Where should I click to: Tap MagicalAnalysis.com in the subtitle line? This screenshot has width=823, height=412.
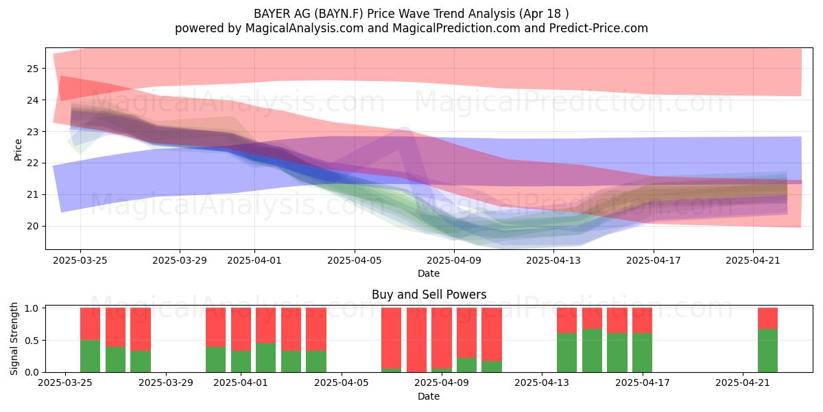pos(305,28)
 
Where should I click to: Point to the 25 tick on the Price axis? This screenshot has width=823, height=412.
pos(33,69)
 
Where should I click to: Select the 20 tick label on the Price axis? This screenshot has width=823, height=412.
pos(33,226)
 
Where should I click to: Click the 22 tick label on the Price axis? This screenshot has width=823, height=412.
pos(33,163)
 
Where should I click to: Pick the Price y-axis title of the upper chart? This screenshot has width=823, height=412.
pos(18,150)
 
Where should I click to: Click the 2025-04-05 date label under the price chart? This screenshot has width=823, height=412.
pos(355,260)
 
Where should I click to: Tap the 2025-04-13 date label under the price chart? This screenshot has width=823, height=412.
pos(553,260)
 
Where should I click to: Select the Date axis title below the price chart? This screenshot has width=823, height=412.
pos(429,273)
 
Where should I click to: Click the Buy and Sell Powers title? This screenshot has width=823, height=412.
pos(429,295)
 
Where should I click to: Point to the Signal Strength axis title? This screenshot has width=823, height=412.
pos(14,339)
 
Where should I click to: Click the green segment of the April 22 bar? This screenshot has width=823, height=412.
pos(768,351)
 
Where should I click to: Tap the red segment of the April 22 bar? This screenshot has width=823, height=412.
pos(768,319)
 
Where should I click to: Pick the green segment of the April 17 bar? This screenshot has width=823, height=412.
pos(642,352)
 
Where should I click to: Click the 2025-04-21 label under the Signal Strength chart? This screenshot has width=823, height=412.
pos(743,383)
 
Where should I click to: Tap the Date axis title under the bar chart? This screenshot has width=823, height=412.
pos(429,396)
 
